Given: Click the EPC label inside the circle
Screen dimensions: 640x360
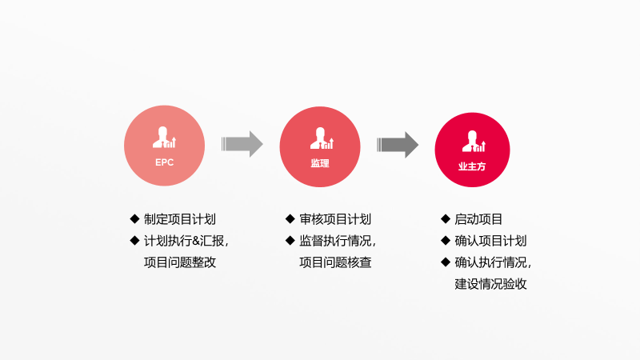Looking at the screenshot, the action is (x=165, y=162).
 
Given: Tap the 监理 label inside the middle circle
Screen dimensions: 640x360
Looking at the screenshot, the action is (x=319, y=163).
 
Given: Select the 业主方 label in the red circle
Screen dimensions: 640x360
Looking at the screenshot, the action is (x=472, y=166).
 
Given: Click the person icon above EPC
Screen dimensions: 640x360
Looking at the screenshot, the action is (x=164, y=137).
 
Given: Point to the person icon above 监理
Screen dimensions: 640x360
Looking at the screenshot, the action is (x=322, y=138).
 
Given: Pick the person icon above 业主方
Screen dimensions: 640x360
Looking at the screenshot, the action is (x=474, y=142).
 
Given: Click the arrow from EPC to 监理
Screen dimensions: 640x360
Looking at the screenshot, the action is (x=242, y=144).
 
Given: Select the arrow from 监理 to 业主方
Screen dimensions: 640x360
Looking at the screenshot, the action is (x=398, y=145).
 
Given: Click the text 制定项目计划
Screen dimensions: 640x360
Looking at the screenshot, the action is (x=179, y=219).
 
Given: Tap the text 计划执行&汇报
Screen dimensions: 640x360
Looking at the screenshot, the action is (x=184, y=241).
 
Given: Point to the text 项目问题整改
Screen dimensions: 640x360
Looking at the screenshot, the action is (x=179, y=262).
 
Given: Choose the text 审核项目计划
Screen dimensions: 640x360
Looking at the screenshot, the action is (x=335, y=219).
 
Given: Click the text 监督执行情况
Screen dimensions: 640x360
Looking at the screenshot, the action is (x=335, y=241).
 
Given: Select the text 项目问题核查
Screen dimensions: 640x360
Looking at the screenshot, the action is (x=335, y=262).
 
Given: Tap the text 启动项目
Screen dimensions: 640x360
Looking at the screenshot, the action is (x=478, y=219).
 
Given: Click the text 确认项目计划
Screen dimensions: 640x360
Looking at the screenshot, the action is (x=490, y=241).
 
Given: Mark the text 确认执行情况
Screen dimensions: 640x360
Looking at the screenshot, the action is (x=490, y=262).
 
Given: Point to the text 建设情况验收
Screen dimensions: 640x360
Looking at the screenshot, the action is (x=490, y=284).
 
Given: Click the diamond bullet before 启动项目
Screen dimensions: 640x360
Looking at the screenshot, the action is (x=446, y=218).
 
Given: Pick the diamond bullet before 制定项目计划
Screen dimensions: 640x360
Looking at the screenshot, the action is (x=134, y=218).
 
